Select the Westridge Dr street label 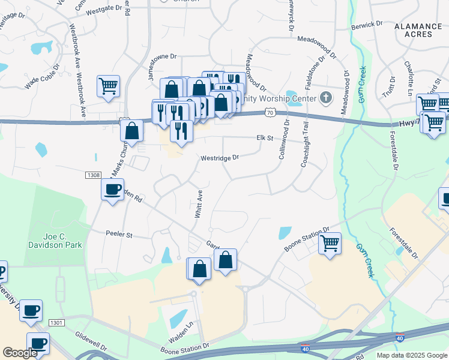(219, 157)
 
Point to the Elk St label (265, 137)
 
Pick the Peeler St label (118, 235)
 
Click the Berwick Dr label (367, 24)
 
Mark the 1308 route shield (92, 175)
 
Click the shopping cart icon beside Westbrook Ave (109, 86)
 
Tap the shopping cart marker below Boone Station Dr (330, 243)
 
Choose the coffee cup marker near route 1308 (112, 190)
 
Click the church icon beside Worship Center (325, 97)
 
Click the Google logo (20, 353)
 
